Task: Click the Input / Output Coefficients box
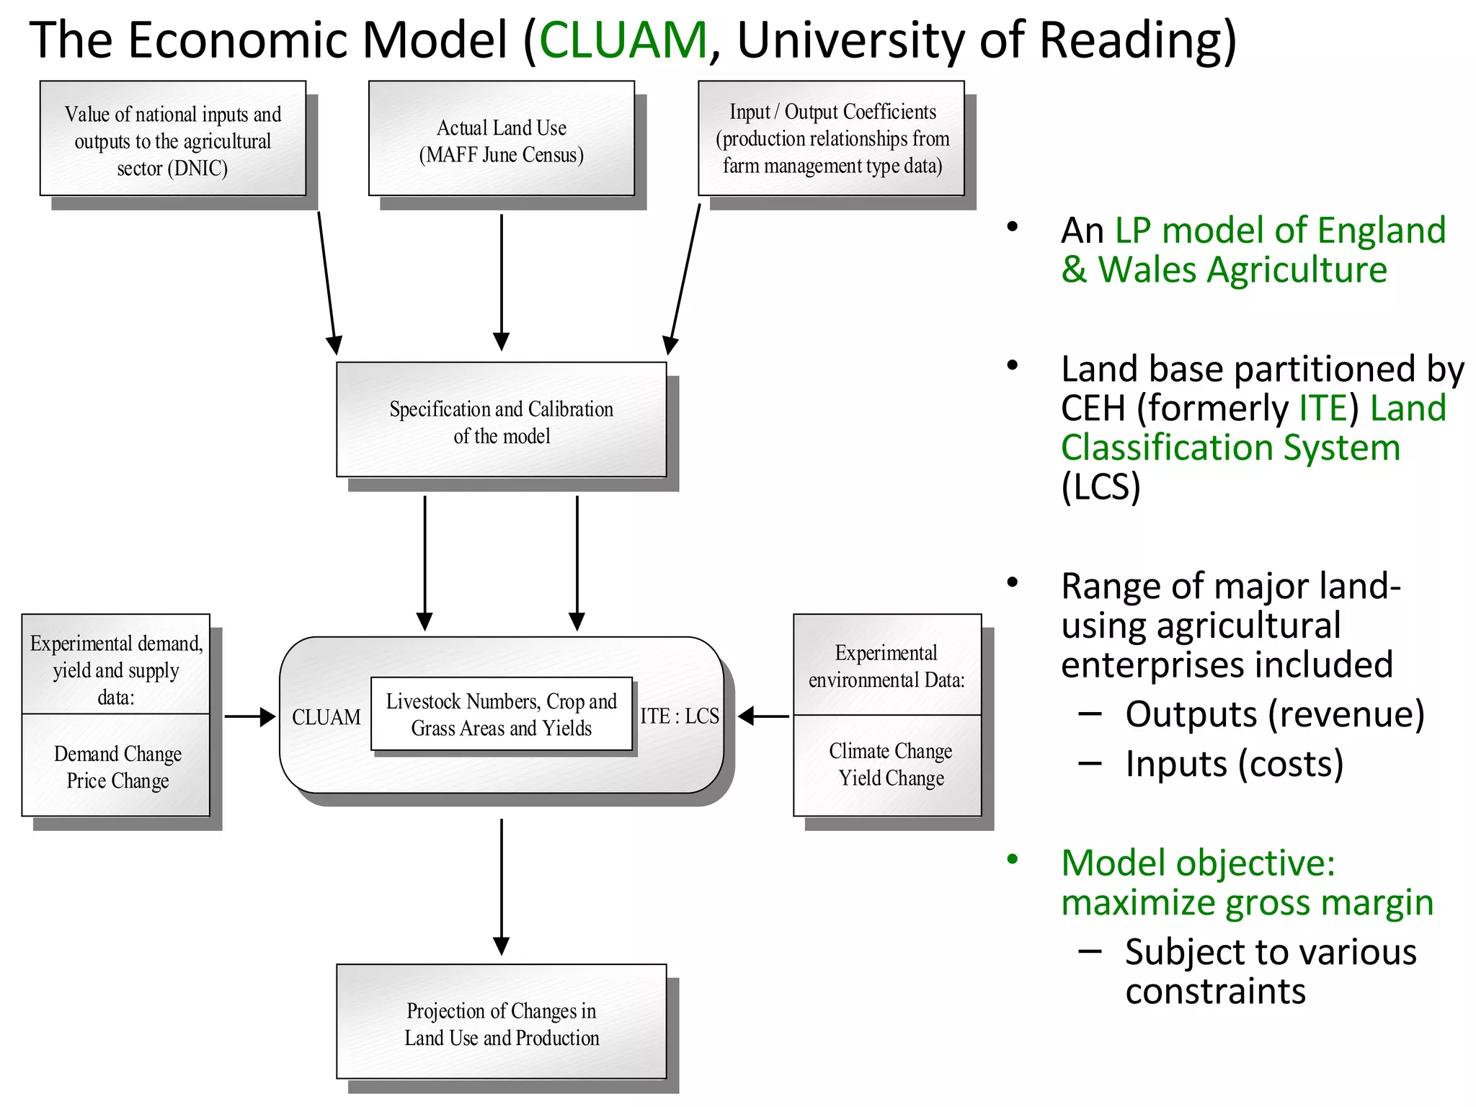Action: [x=832, y=138]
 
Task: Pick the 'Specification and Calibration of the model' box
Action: [x=501, y=421]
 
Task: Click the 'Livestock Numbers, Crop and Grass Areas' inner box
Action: [x=501, y=714]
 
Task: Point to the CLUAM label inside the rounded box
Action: [x=326, y=717]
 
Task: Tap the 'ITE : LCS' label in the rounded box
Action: [x=679, y=716]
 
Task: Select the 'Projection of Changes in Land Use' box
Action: [x=501, y=1023]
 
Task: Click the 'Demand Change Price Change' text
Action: [x=117, y=767]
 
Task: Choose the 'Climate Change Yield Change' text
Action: [x=890, y=765]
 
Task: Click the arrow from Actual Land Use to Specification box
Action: [x=501, y=281]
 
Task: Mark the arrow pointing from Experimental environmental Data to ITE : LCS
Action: [x=764, y=716]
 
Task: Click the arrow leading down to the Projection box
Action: [x=501, y=886]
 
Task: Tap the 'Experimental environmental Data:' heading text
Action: [x=886, y=666]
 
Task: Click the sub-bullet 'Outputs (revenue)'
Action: [x=1274, y=714]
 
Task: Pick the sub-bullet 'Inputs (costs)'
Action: [x=1234, y=764]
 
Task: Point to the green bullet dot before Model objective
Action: [x=1013, y=859]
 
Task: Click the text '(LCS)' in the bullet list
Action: [x=1101, y=486]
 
